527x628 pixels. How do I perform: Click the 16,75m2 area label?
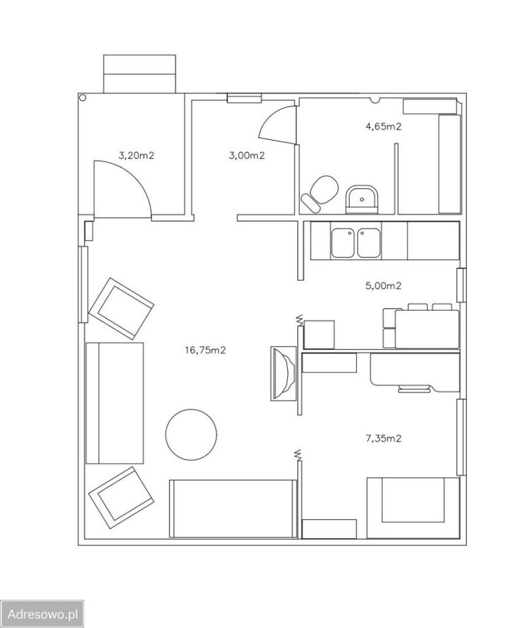point(205,350)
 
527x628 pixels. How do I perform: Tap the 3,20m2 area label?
point(136,156)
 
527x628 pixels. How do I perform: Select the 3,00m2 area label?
point(246,156)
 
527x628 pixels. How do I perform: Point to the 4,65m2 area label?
point(384,126)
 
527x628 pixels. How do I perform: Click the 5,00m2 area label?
point(384,286)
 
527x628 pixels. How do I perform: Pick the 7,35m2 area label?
point(384,438)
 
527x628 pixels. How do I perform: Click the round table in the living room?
point(191,434)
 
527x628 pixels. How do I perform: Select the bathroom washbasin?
point(362,199)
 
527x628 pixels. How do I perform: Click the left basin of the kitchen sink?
point(342,243)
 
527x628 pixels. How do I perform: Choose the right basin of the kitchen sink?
point(369,243)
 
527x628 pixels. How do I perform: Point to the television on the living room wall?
point(283,374)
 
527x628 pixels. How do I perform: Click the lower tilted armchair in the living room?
point(121,498)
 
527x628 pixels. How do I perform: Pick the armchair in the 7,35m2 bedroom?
point(413,508)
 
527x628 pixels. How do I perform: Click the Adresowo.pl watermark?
point(43,614)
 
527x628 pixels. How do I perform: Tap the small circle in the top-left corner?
point(83,97)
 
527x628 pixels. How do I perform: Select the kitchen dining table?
point(427,329)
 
